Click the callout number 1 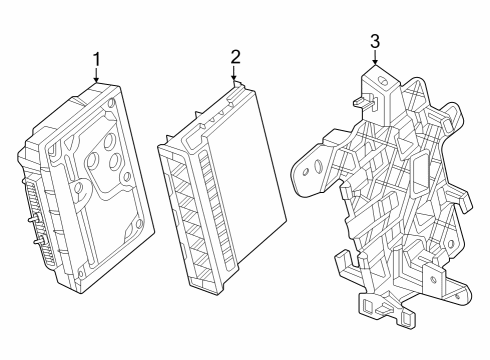(97, 59)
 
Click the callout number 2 (234, 56)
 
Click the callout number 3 (374, 41)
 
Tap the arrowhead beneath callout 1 (97, 80)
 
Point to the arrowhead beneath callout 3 (374, 64)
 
